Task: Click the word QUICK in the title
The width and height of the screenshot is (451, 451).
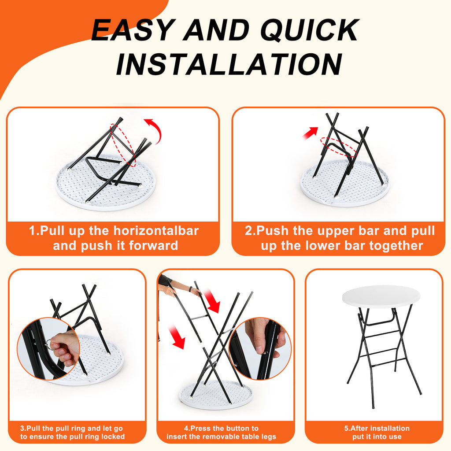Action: tap(310, 30)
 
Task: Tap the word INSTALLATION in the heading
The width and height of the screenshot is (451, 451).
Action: tap(229, 64)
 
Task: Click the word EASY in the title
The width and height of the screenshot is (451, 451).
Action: tap(132, 30)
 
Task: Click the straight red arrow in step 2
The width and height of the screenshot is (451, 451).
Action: tap(311, 133)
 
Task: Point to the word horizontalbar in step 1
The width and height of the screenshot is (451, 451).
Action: tap(156, 231)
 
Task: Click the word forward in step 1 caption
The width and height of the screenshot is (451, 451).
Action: tap(153, 246)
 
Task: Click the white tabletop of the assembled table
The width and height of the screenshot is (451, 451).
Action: tap(381, 297)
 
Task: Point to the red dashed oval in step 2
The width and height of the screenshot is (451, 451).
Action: tap(339, 147)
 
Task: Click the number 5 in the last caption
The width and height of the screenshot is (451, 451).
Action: tap(346, 428)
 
